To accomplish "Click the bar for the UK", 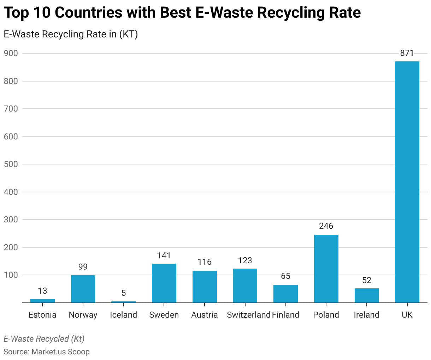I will pyautogui.click(x=407, y=182).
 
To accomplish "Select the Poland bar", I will pyautogui.click(x=326, y=269).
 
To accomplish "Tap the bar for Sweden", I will pyautogui.click(x=164, y=283).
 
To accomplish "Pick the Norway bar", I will pyautogui.click(x=83, y=289).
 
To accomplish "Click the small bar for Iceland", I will pyautogui.click(x=123, y=302).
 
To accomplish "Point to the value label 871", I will pyautogui.click(x=407, y=53).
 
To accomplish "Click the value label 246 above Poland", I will pyautogui.click(x=326, y=226).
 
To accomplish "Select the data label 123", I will pyautogui.click(x=245, y=260).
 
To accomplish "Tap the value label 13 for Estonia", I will pyautogui.click(x=42, y=291).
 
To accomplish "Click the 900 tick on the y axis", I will pyautogui.click(x=11, y=53).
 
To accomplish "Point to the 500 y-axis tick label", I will pyautogui.click(x=11, y=164).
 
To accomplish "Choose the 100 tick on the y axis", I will pyautogui.click(x=11, y=275).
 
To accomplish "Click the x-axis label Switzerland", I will pyautogui.click(x=249, y=315).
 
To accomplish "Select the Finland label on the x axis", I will pyautogui.click(x=285, y=315).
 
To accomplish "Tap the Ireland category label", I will pyautogui.click(x=366, y=315).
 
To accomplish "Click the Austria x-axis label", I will pyautogui.click(x=205, y=315).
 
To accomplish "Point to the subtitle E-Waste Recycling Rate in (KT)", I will pyautogui.click(x=71, y=34).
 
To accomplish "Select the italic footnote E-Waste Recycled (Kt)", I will pyautogui.click(x=44, y=339).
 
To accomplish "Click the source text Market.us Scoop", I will pyautogui.click(x=60, y=352).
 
